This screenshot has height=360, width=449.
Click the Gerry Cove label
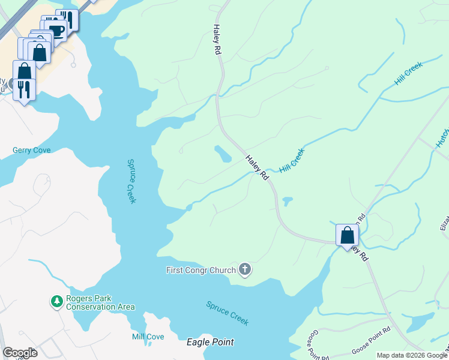tap(32, 150)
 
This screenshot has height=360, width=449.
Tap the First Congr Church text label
tap(200, 270)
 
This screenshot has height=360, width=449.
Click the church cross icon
tap(244, 269)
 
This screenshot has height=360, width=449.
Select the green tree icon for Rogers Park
tap(56, 301)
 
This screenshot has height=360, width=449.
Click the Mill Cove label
tap(148, 337)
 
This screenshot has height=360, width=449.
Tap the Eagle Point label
tap(209, 342)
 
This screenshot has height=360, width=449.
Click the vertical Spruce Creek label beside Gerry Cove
tap(131, 181)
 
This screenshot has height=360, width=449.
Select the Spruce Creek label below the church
tap(227, 313)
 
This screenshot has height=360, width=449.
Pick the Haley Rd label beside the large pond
tap(256, 167)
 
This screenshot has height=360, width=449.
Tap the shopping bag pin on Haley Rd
tap(347, 235)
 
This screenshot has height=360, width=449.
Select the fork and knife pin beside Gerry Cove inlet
tap(24, 89)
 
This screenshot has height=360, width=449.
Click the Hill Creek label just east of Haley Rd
tap(292, 162)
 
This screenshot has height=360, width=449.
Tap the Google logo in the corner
tap(20, 353)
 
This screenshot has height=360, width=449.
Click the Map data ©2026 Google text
tap(412, 355)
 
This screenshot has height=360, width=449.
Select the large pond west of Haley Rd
tap(222, 154)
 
